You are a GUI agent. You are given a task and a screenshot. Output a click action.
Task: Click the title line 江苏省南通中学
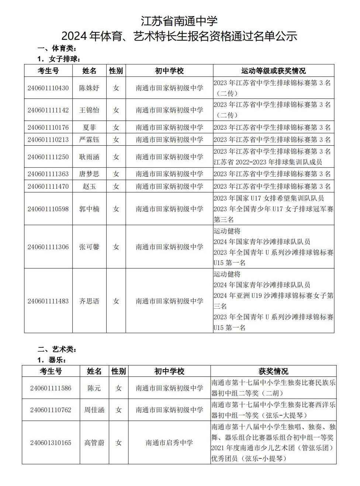click(179, 21)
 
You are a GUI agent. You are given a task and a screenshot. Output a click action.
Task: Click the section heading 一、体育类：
click(57, 48)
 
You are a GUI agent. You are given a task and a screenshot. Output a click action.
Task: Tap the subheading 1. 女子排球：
click(59, 59)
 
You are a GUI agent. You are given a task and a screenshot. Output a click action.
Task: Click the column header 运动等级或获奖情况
click(273, 70)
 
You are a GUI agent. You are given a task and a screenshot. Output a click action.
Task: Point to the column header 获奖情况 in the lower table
click(273, 371)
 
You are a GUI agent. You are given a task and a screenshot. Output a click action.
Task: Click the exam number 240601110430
click(48, 88)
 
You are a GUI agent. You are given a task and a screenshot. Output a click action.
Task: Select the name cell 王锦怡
click(89, 110)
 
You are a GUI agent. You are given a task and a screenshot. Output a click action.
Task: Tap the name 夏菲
click(89, 127)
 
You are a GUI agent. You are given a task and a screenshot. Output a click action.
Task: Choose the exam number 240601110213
click(48, 139)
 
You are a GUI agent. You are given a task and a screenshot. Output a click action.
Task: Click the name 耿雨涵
click(89, 157)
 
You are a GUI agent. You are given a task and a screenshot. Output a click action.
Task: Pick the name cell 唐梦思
click(89, 174)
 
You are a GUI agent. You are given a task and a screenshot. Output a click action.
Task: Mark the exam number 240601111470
click(48, 186)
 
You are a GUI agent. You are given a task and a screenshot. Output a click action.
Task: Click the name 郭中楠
click(89, 209)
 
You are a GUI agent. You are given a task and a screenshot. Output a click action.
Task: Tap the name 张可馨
click(89, 247)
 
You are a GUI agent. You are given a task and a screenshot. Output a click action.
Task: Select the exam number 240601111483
click(48, 301)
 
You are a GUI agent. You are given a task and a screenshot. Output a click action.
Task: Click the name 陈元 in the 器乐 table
click(94, 388)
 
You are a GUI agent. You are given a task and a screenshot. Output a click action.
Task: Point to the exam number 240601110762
click(51, 410)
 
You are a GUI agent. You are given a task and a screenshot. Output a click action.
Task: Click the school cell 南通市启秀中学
click(169, 442)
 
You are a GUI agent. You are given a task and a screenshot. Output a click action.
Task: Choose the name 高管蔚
click(94, 442)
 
